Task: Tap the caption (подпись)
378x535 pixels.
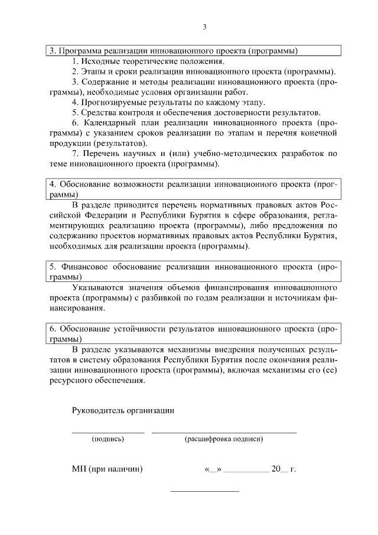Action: (x=107, y=439)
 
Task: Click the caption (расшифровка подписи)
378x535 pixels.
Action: (x=224, y=439)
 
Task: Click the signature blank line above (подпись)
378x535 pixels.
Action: (x=107, y=433)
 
